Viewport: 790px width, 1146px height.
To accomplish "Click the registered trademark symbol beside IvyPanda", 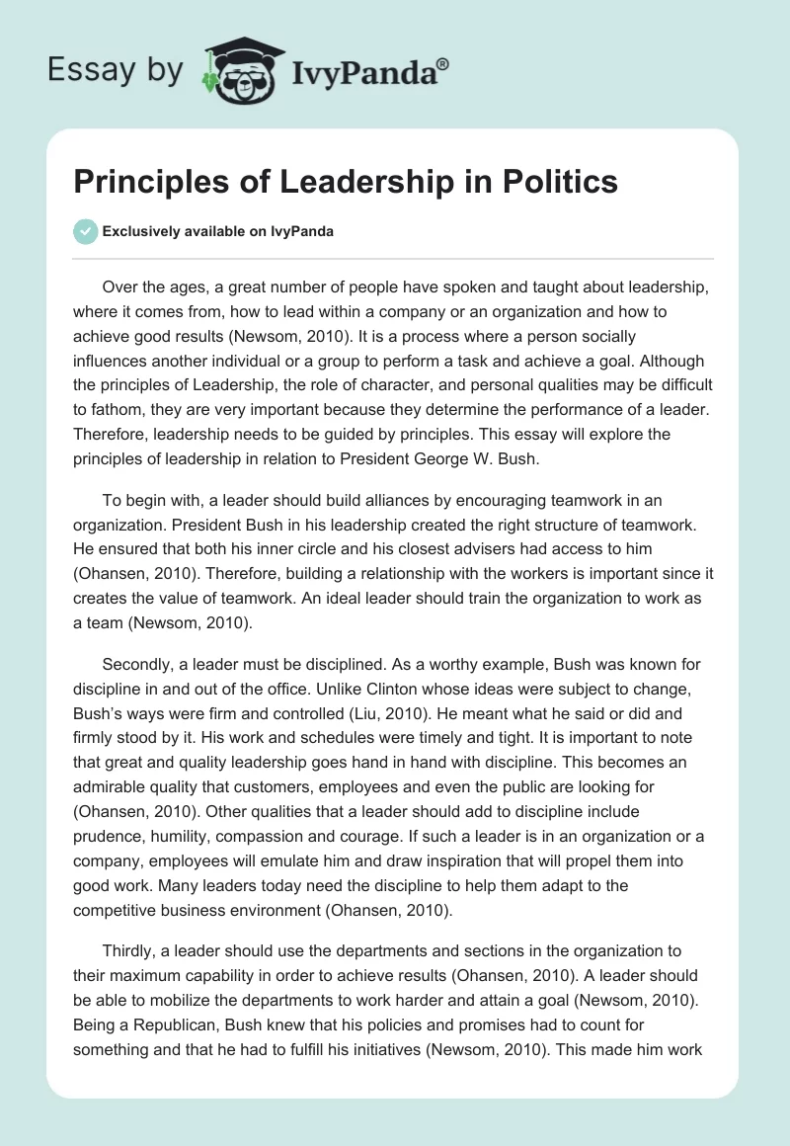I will click(x=443, y=64).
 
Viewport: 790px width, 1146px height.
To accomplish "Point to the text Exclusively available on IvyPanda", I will click(x=217, y=231).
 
